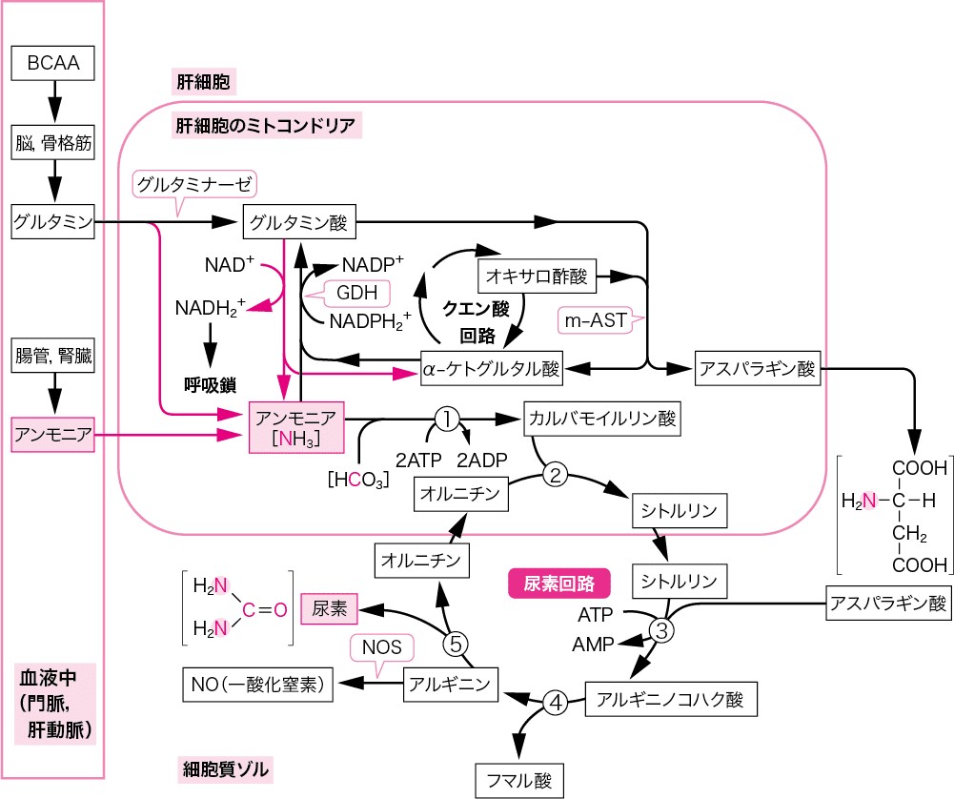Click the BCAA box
point(53,65)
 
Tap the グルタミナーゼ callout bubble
point(196,184)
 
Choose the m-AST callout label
point(597,321)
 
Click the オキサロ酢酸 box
point(538,277)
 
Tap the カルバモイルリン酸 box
point(601,418)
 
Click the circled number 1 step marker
point(447,418)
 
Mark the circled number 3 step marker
point(662,628)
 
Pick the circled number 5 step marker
point(457,644)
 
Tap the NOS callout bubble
point(387,648)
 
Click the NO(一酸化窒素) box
point(257,683)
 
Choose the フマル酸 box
point(519,778)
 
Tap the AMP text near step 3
point(593,644)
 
